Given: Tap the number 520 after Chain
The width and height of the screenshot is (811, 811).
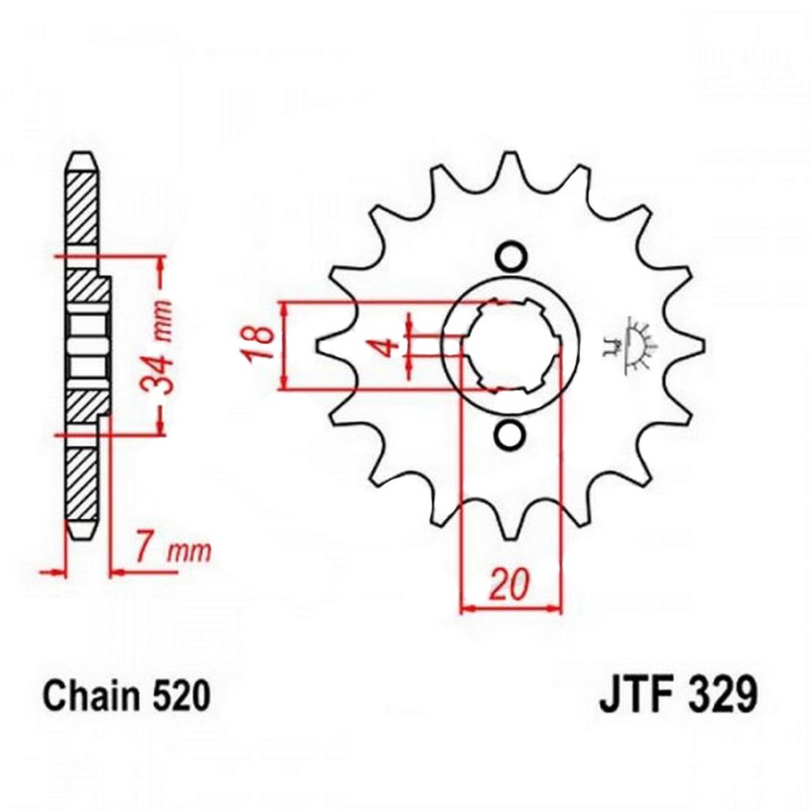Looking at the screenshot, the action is coord(182,696).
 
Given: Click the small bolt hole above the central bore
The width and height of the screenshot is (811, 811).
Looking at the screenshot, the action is coord(511,256).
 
